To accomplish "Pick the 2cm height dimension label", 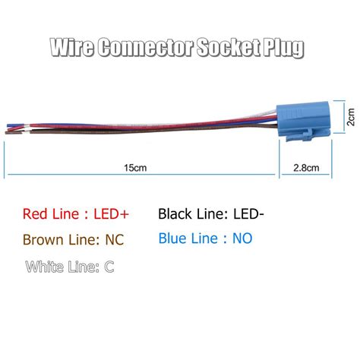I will (x=347, y=119).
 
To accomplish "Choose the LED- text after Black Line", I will (x=245, y=214).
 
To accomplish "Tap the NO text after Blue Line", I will (x=243, y=238).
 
